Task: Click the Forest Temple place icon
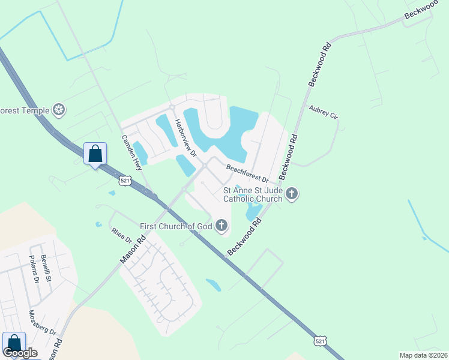tap(59, 109)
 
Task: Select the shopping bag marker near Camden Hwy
tap(95, 154)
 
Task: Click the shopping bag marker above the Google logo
tap(14, 343)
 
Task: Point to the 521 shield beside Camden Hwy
tap(124, 180)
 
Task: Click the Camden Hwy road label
tap(131, 152)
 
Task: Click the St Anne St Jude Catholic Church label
tap(252, 194)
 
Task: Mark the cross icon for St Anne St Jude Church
tap(292, 193)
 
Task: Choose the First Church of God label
tap(176, 226)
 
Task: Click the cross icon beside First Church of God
tap(221, 226)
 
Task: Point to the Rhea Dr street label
tap(121, 235)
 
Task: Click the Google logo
tap(20, 353)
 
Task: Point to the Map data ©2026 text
tap(423, 355)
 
